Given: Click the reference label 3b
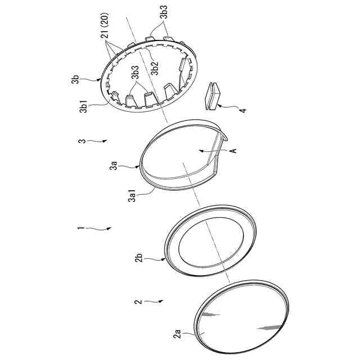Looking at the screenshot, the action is tap(75, 79).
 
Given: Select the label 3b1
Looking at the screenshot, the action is tap(83, 107).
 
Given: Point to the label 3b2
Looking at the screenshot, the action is tap(155, 68).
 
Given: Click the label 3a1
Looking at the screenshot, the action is tap(132, 195).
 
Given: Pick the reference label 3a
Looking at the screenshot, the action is tap(114, 165).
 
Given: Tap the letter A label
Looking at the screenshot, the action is tap(233, 151).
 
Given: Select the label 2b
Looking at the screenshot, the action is tap(139, 258).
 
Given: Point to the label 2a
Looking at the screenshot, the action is tap(178, 334).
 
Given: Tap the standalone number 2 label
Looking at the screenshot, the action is tap(138, 301).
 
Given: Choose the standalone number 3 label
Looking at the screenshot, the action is tap(82, 141).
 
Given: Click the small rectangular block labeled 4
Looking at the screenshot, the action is tap(211, 96).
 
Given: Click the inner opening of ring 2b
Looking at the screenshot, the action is tap(211, 242).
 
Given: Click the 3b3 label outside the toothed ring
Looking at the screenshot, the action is tap(164, 12).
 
